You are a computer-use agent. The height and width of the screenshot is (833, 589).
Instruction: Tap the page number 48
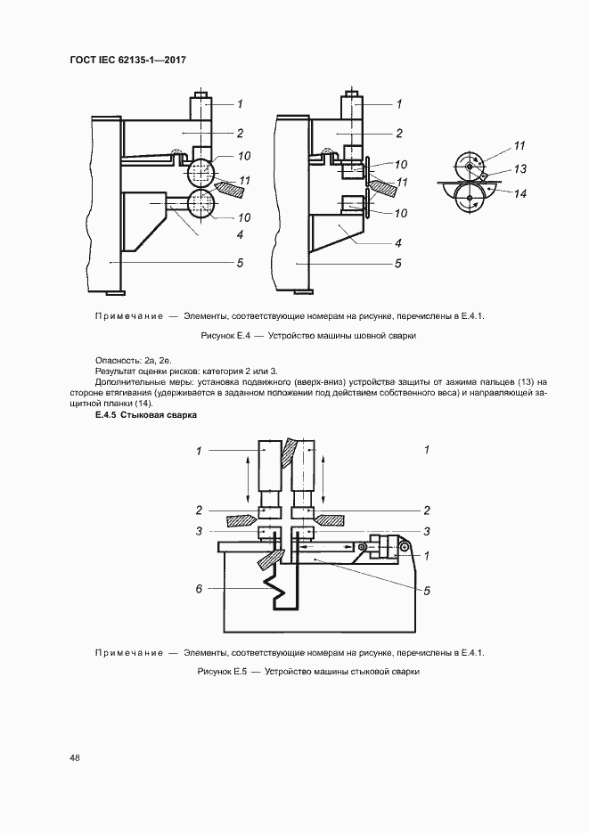click(75, 757)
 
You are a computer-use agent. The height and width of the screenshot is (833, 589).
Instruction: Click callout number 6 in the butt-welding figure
click(199, 588)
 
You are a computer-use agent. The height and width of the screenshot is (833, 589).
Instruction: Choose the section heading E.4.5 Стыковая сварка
click(145, 415)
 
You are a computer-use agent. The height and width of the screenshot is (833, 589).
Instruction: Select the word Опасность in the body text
click(117, 358)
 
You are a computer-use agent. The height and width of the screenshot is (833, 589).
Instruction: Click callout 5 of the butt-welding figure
click(427, 589)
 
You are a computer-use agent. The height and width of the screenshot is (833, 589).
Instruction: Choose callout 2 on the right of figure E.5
click(427, 510)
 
